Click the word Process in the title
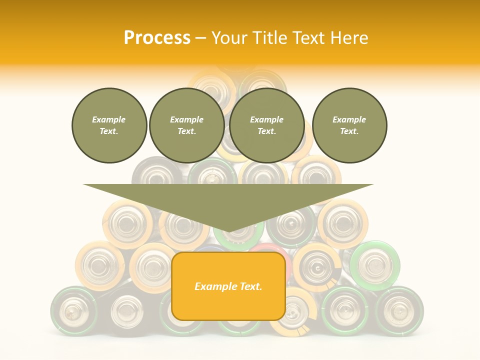pyautogui.click(x=157, y=38)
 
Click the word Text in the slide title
pyautogui.click(x=309, y=38)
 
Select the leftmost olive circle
pyautogui.click(x=109, y=125)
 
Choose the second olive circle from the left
pyautogui.click(x=187, y=125)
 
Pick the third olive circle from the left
pyautogui.click(x=267, y=125)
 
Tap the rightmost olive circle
pyautogui.click(x=349, y=125)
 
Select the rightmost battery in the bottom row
pyautogui.click(x=399, y=309)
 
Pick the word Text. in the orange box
pyautogui.click(x=250, y=286)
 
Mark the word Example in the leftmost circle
pyautogui.click(x=109, y=119)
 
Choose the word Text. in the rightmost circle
pyautogui.click(x=349, y=131)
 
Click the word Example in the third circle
pyautogui.click(x=267, y=119)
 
